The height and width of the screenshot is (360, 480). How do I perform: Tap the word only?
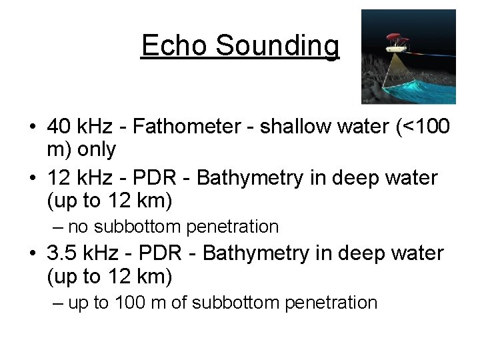tap(97, 149)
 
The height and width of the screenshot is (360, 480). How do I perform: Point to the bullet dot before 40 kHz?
tap(32, 127)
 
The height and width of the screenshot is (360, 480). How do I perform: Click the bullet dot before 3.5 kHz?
tap(32, 255)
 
